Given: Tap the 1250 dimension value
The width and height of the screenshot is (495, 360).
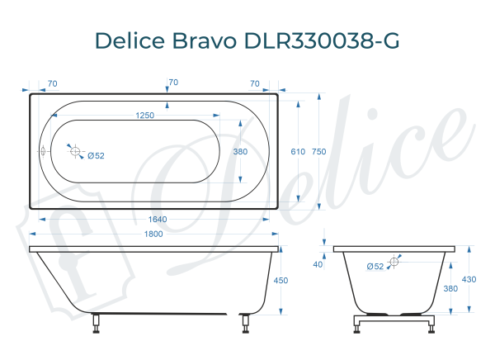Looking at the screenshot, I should click(145, 116).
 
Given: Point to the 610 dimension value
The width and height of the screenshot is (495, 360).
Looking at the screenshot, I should click(298, 152).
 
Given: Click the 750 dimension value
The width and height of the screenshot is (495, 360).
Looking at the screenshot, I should click(319, 152).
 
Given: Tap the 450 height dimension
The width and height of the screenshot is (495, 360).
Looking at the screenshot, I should click(280, 281).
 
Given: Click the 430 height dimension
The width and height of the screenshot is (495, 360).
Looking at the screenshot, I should click(469, 280).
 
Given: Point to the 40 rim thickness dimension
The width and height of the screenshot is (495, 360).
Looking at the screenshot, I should click(318, 264).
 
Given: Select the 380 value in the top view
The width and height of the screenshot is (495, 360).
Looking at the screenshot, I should click(240, 152).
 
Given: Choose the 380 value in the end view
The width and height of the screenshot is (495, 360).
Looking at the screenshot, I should click(450, 288).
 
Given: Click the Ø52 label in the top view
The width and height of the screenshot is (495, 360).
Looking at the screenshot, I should click(96, 156).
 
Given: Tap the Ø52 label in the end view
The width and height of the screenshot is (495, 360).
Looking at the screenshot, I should click(375, 266).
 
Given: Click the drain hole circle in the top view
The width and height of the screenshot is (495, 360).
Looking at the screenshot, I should click(75, 152).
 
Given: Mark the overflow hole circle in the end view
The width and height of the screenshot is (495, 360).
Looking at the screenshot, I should click(394, 262).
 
